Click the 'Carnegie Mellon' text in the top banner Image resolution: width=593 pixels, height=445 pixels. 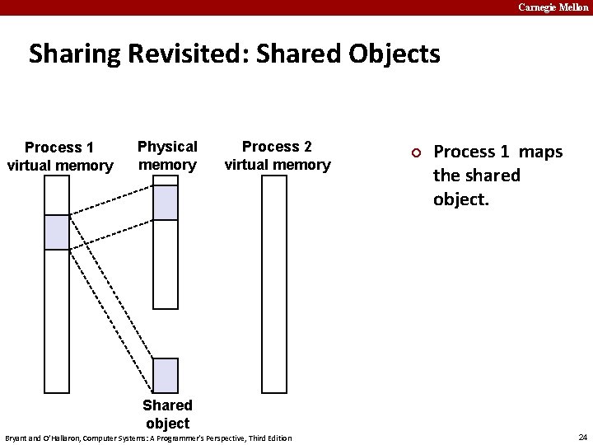[553, 7]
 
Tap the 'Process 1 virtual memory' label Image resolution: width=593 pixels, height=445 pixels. [59, 157]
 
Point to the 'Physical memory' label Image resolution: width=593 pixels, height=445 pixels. [167, 156]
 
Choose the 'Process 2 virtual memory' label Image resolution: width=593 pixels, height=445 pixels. [278, 156]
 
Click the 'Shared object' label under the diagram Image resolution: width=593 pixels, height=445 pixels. [167, 414]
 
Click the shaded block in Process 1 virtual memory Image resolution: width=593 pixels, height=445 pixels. [57, 232]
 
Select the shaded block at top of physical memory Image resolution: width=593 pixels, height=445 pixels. [166, 203]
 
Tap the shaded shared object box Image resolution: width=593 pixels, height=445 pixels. [166, 375]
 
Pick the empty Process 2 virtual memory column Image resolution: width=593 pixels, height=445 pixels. [273, 284]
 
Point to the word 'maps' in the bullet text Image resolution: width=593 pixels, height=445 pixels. [540, 152]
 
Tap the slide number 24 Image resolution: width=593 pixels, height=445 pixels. [582, 437]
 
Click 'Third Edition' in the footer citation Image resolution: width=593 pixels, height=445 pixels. [269, 438]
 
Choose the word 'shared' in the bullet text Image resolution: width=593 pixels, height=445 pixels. [492, 176]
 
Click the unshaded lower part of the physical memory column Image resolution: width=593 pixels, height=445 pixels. [166, 264]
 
